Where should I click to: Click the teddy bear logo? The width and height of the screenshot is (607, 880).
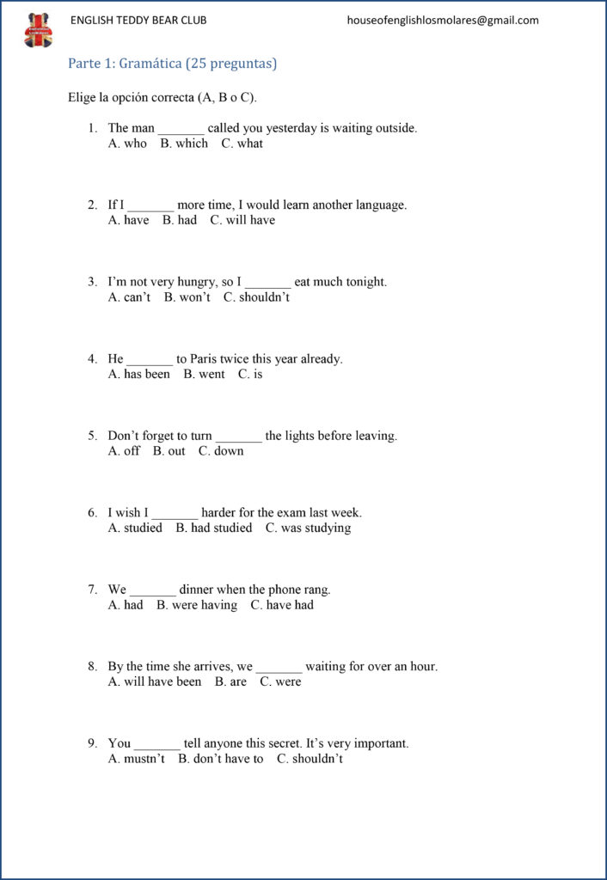pos(38,30)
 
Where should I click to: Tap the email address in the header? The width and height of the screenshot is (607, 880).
pos(443,21)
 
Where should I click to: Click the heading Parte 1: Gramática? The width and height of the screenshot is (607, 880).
pos(172,64)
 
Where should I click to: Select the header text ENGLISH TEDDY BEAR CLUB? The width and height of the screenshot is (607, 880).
pos(138,21)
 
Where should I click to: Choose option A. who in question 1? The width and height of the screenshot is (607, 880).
pos(127,144)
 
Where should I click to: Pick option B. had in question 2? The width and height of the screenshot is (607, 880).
pos(180,220)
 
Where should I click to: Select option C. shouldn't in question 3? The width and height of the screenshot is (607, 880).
pos(256,297)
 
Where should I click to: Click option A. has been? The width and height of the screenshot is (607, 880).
pos(139,374)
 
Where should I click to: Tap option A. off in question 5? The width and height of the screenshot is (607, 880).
pos(124,451)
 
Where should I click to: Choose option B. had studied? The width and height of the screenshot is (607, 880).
pos(214,528)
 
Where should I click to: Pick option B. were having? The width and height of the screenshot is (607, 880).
pos(197,605)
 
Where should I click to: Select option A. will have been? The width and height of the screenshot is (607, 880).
pos(155,681)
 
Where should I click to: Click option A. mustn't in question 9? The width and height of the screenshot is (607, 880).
pos(137,759)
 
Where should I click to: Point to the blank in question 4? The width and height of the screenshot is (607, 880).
pos(150,360)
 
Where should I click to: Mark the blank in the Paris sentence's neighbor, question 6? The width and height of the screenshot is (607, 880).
pos(175,514)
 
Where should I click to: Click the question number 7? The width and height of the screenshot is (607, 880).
pos(92,590)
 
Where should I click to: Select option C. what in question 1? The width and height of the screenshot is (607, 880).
pos(242,144)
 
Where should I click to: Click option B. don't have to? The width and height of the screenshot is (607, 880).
pos(221,759)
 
